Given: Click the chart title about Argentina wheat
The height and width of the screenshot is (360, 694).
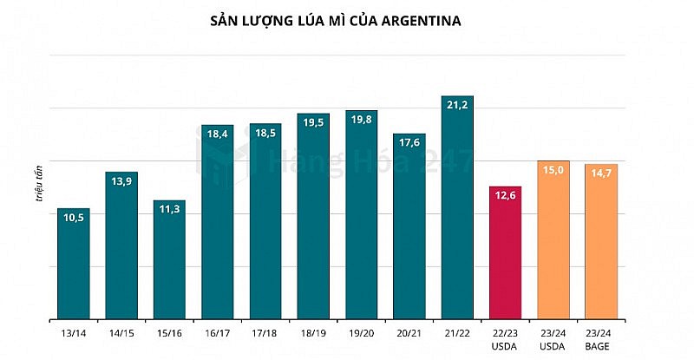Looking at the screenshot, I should pyautogui.click(x=347, y=19).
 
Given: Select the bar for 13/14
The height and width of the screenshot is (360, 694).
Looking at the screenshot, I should pyautogui.click(x=74, y=269).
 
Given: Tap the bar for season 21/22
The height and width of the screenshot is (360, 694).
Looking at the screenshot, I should pyautogui.click(x=457, y=217).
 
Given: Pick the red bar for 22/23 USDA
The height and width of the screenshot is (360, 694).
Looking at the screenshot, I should pyautogui.click(x=505, y=260).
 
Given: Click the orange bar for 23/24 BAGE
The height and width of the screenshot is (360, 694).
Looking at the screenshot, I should pyautogui.click(x=601, y=247).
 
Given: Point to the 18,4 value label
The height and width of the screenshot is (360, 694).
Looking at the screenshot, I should pyautogui.click(x=217, y=134).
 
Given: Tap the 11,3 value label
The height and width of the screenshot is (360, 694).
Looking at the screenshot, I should pyautogui.click(x=169, y=209).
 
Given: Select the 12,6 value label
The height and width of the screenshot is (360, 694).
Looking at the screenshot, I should pyautogui.click(x=505, y=195).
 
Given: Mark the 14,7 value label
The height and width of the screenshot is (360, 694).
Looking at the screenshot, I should pyautogui.click(x=601, y=173).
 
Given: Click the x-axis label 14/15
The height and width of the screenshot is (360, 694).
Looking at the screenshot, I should pyautogui.click(x=121, y=333).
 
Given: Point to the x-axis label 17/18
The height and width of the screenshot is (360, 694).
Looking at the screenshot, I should pyautogui.click(x=265, y=333).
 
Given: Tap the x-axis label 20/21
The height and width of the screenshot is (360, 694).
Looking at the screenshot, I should pyautogui.click(x=409, y=333).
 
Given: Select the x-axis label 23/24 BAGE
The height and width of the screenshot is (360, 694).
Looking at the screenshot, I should pyautogui.click(x=601, y=339).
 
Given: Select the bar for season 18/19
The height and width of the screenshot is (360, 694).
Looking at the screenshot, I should pyautogui.click(x=313, y=226).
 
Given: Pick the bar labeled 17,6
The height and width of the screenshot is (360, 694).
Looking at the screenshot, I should pyautogui.click(x=409, y=234).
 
